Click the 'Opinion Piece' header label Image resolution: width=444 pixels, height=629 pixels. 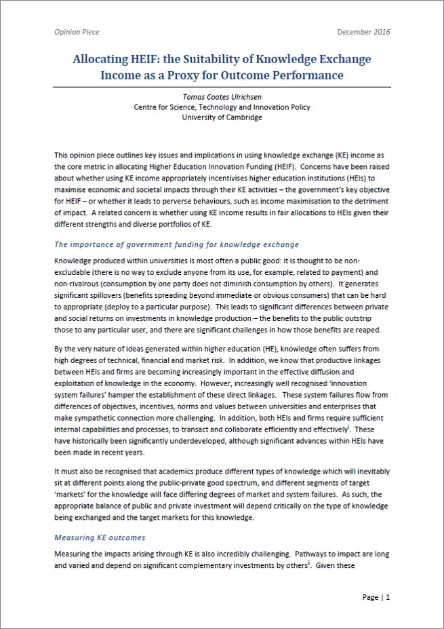77,32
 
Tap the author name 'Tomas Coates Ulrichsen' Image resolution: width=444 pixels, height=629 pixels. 221,96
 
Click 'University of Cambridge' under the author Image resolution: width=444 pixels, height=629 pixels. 222,117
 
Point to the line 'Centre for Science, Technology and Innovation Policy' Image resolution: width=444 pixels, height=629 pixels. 222,107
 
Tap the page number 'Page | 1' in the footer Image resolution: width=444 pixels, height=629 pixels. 376,597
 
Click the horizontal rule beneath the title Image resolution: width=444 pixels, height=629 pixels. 222,87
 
